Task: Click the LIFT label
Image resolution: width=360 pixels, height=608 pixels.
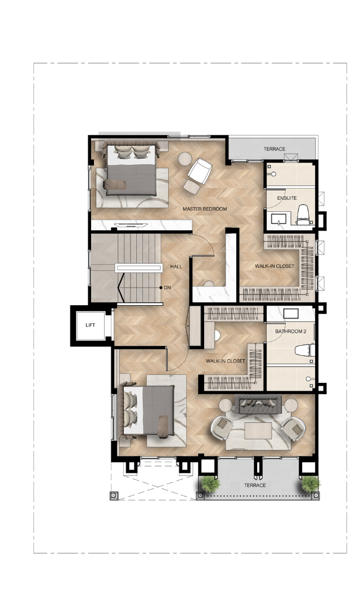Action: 91,325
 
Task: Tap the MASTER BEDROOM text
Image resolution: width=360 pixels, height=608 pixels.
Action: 205,209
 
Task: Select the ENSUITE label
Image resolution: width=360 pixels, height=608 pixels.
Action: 287,198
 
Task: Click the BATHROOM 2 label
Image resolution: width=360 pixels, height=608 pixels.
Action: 291,332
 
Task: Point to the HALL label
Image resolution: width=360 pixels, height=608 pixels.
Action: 176,267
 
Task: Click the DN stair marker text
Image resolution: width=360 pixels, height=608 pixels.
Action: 167,288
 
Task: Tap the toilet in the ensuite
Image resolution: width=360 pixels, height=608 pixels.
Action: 303,215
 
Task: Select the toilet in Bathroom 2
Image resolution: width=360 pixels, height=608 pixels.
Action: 304,350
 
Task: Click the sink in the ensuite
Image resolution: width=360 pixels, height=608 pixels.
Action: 278,219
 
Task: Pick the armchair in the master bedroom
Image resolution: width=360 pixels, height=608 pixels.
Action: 200,171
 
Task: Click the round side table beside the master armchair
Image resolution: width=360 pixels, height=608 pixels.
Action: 185,159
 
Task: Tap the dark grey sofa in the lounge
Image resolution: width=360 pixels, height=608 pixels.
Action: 258,404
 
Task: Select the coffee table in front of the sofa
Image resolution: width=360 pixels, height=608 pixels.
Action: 258,431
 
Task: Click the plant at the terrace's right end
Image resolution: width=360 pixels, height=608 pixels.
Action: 310,484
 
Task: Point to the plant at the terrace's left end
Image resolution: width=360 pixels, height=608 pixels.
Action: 210,484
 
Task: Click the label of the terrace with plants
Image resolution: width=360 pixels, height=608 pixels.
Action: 255,485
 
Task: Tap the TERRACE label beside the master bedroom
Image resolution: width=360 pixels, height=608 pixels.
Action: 274,149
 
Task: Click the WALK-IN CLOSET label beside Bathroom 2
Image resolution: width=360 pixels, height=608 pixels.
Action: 226,361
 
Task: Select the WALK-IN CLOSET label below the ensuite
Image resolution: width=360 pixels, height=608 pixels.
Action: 274,266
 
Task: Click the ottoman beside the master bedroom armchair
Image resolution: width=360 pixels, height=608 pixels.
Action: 191,187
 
